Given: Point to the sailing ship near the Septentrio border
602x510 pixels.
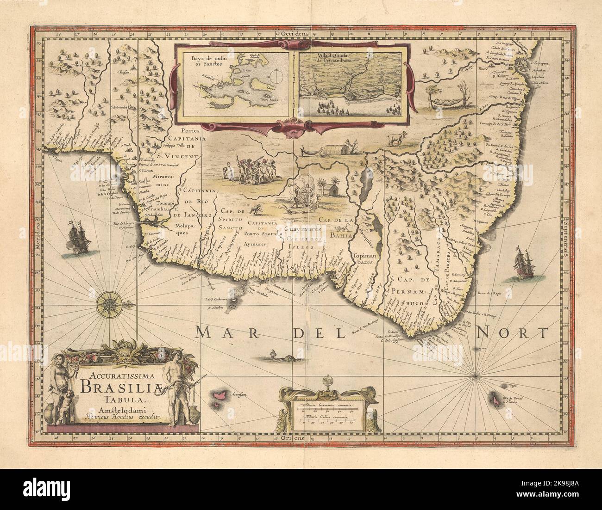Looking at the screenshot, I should (524, 264).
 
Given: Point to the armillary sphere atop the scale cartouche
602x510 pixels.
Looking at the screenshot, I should (330, 384).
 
